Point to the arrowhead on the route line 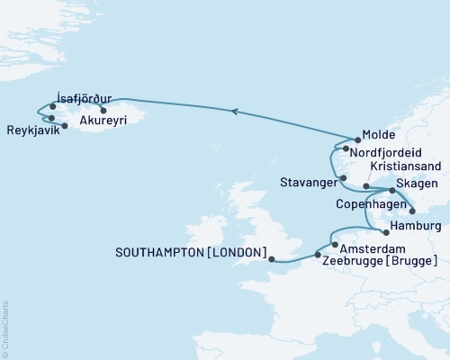tap(234, 111)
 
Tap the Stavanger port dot tap(343, 178)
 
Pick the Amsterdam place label tap(370, 247)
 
